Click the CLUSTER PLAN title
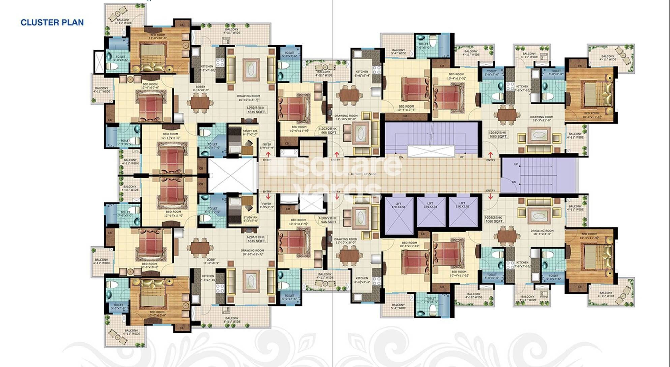pyautogui.click(x=52, y=22)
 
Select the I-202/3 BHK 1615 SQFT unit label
pyautogui.click(x=256, y=110)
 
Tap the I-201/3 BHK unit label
pyautogui.click(x=256, y=239)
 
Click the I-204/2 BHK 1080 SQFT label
pyautogui.click(x=498, y=135)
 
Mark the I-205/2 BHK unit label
pyautogui.click(x=494, y=219)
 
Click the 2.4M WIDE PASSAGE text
pyautogui.click(x=362, y=174)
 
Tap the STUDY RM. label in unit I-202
pyautogui.click(x=250, y=132)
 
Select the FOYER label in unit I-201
pyautogui.click(x=267, y=205)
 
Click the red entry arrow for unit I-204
pyautogui.click(x=490, y=155)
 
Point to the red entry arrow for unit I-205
pyautogui.click(x=490, y=196)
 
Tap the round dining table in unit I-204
pyautogui.click(x=507, y=115)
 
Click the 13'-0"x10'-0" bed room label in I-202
pyautogui.click(x=158, y=36)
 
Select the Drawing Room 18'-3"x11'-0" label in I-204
pyautogui.click(x=542, y=118)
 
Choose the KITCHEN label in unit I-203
pyautogui.click(x=362, y=73)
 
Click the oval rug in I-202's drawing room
pyautogui.click(x=251, y=70)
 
